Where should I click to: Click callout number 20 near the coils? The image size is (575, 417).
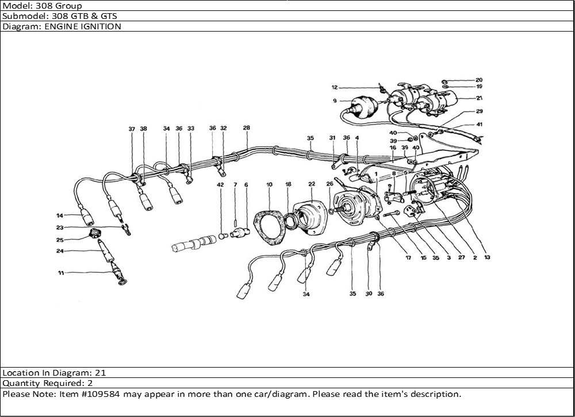(479, 80)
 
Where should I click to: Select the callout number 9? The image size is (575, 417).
(334, 101)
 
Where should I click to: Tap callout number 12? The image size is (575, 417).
(334, 88)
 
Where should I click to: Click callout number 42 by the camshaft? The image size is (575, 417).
(220, 184)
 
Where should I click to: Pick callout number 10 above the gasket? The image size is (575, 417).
(269, 184)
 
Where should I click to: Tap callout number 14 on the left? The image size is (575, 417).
(59, 216)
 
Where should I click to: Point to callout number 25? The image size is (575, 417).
(60, 240)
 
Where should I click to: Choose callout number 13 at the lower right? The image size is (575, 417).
(487, 258)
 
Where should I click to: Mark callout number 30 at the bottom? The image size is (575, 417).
(369, 294)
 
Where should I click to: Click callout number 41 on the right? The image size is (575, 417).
(479, 125)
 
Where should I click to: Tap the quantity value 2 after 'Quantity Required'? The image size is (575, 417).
(90, 383)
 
